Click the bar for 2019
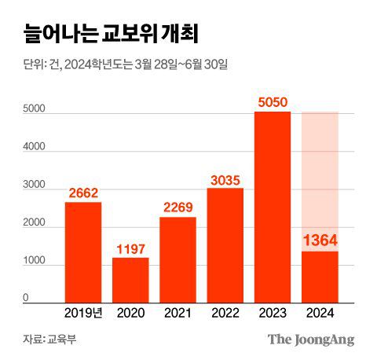83,252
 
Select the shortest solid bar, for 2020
130,279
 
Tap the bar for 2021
178,259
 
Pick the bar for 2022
225,245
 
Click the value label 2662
83,192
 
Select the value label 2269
178,207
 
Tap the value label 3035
225,178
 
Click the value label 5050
272,101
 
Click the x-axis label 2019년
83,314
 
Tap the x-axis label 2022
225,314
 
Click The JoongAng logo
312,340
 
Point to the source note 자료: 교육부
49,340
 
